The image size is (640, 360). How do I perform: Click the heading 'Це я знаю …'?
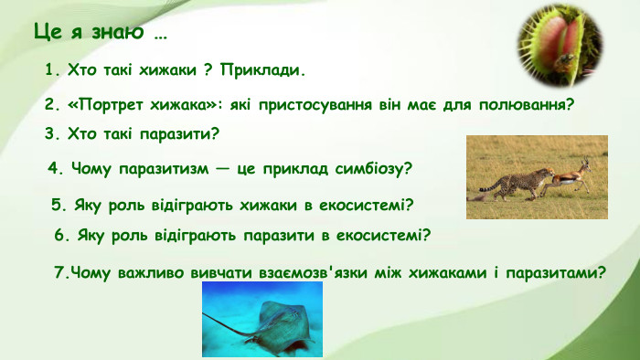[x=101, y=34]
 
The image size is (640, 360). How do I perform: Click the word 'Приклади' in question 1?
[x=264, y=70]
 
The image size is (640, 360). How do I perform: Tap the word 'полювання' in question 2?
[x=532, y=104]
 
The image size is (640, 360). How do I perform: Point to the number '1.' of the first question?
[x=52, y=70]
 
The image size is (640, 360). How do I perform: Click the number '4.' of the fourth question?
[x=54, y=169]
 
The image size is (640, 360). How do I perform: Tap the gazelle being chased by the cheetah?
[x=571, y=175]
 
